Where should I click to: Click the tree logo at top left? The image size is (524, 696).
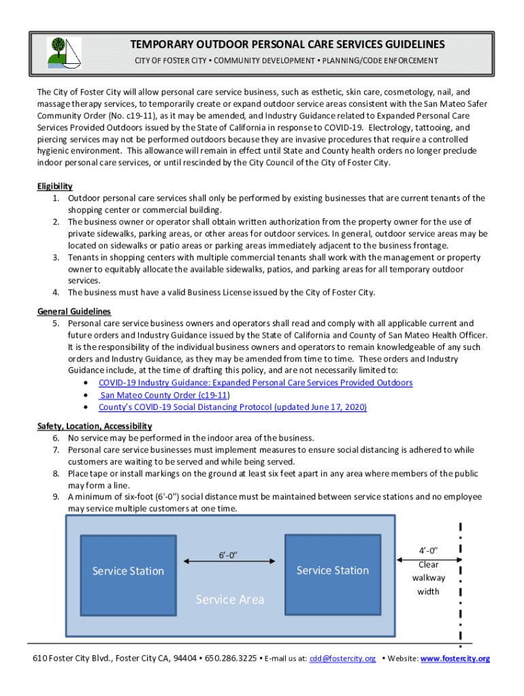click(x=63, y=52)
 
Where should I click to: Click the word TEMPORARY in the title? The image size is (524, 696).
click(x=163, y=45)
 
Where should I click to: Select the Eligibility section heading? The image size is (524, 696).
click(x=54, y=186)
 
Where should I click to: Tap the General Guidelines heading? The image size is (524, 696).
click(x=73, y=311)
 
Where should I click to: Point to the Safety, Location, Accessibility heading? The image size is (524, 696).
click(x=94, y=426)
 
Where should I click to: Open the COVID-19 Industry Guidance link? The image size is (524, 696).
click(x=255, y=383)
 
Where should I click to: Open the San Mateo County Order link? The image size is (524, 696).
click(x=163, y=395)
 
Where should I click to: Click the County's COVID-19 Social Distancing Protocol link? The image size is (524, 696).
click(x=232, y=407)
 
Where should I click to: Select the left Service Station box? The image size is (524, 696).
click(x=129, y=571)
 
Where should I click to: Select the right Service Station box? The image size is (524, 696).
click(x=333, y=570)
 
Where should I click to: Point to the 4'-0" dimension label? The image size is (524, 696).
click(x=429, y=551)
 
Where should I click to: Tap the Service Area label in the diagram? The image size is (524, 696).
click(x=230, y=599)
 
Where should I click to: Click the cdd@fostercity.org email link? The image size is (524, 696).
click(x=342, y=659)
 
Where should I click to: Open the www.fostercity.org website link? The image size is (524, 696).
click(x=455, y=659)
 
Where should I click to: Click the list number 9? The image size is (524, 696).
click(x=56, y=496)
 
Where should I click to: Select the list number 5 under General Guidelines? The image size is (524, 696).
click(x=56, y=324)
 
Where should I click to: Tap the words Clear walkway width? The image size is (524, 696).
click(x=429, y=578)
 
